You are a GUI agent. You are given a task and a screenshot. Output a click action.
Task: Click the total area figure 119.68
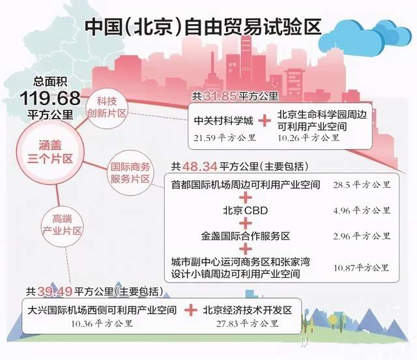50,98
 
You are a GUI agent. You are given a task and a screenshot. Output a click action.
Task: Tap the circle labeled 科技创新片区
107,108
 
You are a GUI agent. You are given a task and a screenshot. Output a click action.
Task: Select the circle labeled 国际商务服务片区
130,173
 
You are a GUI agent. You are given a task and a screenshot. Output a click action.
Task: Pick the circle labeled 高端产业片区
62,225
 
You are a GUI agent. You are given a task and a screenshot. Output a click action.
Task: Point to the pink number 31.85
220,97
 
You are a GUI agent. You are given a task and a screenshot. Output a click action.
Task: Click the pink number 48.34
200,167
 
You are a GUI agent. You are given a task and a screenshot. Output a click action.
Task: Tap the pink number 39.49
55,292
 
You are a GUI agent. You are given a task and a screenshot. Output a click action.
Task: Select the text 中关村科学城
223,121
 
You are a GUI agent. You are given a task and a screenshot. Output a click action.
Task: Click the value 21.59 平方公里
224,138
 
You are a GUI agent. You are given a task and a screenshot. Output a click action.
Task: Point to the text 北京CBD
246,211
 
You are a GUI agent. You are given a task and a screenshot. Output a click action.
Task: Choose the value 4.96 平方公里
362,211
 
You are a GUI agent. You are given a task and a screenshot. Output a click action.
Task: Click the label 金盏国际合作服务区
245,236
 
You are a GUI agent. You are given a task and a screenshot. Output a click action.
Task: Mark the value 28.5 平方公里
362,185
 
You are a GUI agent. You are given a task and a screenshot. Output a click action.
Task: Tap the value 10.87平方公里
362,268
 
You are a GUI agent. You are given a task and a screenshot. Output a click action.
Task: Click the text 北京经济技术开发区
248,310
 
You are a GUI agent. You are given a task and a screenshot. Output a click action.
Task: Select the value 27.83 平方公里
248,323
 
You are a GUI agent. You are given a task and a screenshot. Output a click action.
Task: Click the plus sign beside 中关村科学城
265,121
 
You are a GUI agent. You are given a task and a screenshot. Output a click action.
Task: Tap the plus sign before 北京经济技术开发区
191,310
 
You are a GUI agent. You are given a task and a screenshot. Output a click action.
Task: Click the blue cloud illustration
364,37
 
